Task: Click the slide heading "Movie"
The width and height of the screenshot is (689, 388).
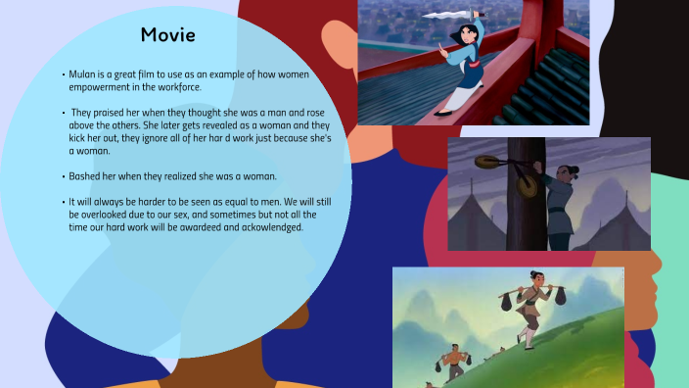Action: click(x=167, y=35)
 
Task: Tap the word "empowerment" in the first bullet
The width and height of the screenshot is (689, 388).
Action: click(x=99, y=85)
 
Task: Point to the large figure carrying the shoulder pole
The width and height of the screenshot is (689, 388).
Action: click(x=531, y=304)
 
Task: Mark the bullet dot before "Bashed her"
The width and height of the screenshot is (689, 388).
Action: click(x=63, y=177)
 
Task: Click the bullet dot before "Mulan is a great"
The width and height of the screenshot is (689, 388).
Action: click(x=63, y=74)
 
